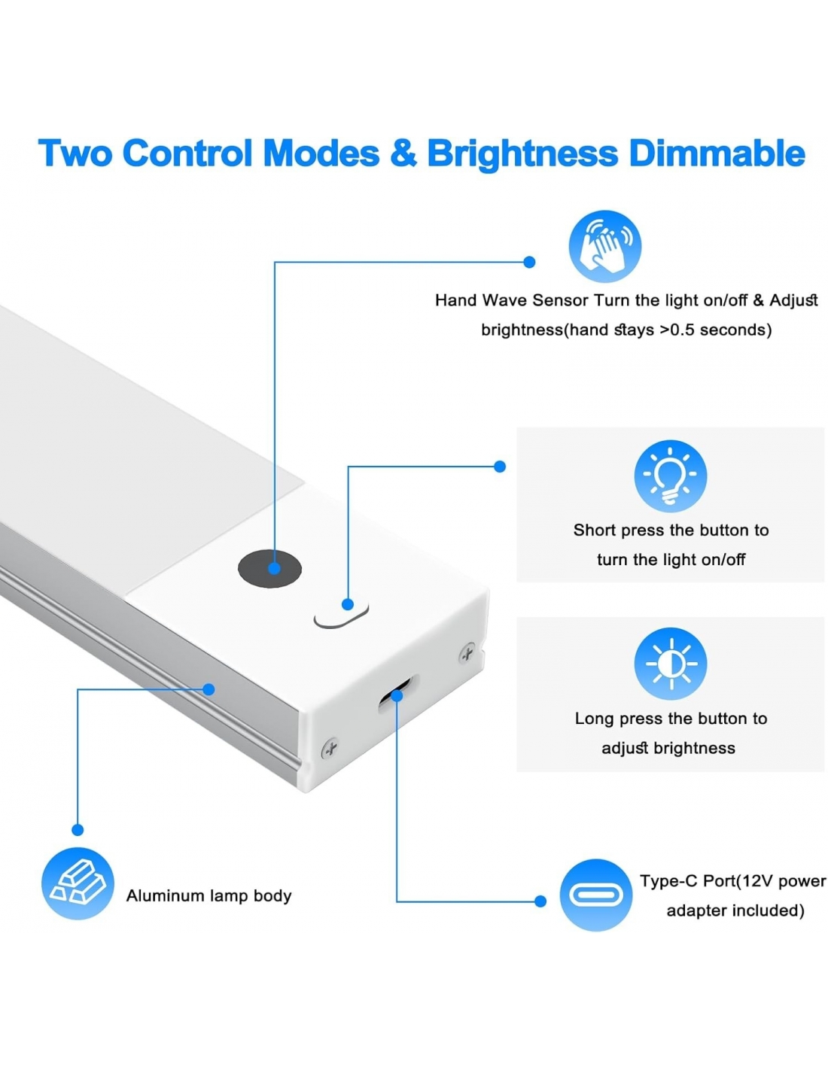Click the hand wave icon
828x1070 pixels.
(604, 246)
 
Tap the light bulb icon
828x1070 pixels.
(670, 476)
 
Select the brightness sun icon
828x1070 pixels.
(670, 664)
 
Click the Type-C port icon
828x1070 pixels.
(595, 895)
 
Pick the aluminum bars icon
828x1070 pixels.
(78, 883)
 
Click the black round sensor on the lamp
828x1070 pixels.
(269, 568)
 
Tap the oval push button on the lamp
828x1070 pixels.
(342, 614)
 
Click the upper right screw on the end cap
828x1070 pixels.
(467, 653)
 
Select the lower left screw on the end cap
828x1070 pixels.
(329, 748)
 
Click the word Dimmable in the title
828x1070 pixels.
(717, 154)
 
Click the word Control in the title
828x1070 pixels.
(187, 154)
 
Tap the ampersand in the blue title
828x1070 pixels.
(403, 154)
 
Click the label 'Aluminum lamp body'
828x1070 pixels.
(209, 895)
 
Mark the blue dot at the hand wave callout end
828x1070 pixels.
(529, 262)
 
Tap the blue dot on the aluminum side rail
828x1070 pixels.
(209, 689)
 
